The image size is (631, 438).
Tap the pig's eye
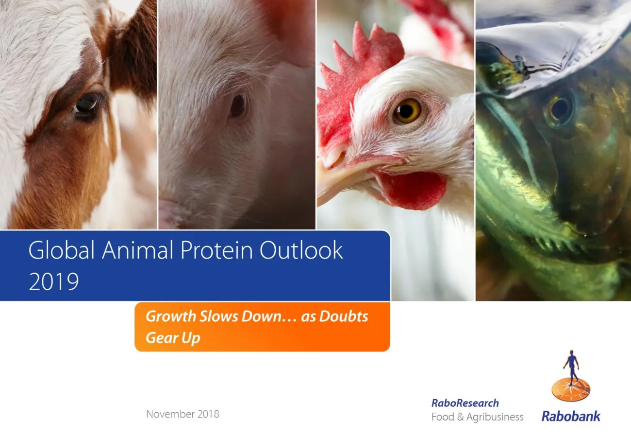click(238, 105)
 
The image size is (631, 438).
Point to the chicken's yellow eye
click(407, 111)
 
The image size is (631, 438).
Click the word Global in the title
click(62, 250)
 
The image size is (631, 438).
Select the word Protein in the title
click(216, 250)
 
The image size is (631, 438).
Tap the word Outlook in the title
click(301, 250)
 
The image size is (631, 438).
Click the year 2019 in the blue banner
click(53, 281)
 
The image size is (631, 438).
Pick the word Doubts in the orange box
click(344, 316)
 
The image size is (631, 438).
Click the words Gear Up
click(173, 338)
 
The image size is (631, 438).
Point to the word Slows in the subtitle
click(218, 316)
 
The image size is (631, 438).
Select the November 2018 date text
click(183, 414)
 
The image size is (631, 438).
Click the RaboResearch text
click(465, 403)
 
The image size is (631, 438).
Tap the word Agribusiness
click(495, 417)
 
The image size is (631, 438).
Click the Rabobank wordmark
click(571, 416)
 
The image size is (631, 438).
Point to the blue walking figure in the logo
click(571, 368)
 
